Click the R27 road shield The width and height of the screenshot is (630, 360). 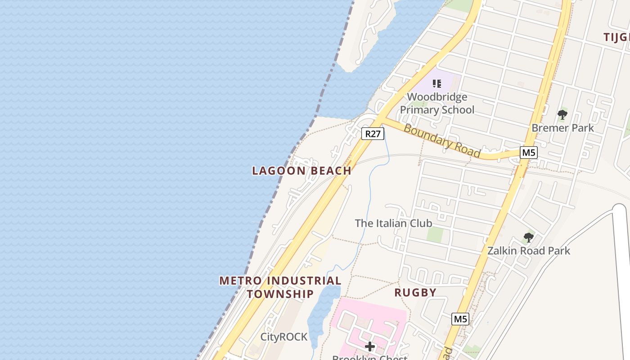point(373,134)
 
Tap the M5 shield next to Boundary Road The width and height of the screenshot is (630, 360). point(528,153)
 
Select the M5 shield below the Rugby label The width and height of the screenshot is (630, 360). point(460,319)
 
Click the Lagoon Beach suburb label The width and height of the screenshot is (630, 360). point(301,171)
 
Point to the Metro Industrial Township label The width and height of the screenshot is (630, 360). point(280,287)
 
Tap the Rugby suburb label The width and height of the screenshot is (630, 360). point(415,292)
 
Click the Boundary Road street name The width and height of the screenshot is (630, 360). point(441,141)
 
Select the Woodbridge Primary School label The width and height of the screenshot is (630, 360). point(437,103)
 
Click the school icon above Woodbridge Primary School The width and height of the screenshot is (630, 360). point(436,83)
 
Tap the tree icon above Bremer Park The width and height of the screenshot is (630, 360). point(562,115)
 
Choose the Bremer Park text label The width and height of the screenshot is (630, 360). point(562,128)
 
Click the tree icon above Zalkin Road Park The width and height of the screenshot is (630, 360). point(528,237)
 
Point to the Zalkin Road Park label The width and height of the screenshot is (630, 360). point(528,251)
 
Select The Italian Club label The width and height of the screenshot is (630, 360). point(393,223)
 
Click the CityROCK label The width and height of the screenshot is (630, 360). point(284,337)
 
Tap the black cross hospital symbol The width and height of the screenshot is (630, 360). point(370,346)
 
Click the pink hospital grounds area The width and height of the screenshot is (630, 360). point(387,315)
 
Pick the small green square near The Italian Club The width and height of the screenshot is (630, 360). point(435,234)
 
